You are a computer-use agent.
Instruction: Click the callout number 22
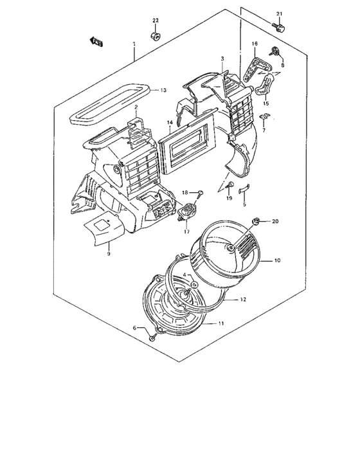pos(156,22)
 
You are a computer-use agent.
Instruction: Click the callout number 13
pos(163,90)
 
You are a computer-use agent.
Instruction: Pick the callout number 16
pos(255,44)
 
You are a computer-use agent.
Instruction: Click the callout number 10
pos(278,260)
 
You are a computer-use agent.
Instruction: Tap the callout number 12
pos(242,300)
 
